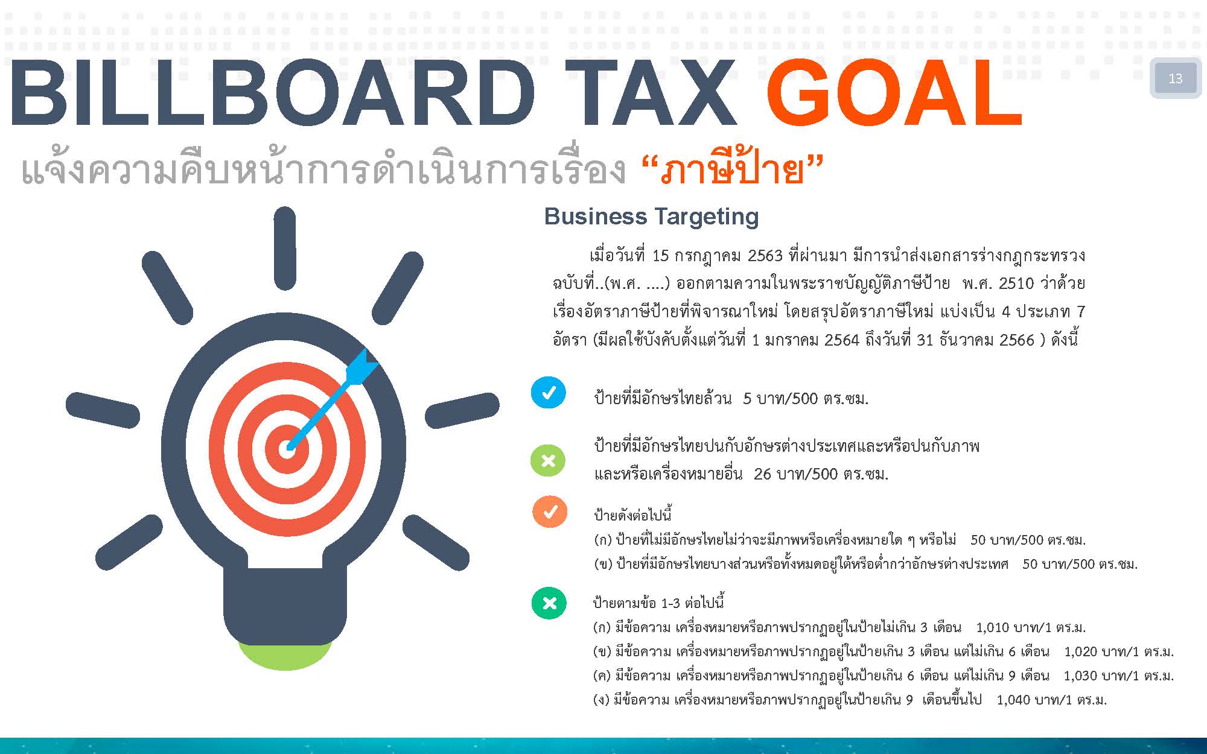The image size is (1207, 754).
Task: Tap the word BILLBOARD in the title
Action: tap(271, 93)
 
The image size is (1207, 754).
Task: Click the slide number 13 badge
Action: tap(1175, 78)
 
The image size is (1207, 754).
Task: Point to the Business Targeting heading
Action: tap(651, 217)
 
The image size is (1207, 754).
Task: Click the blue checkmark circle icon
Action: tap(549, 393)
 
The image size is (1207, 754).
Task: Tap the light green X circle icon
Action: tap(548, 461)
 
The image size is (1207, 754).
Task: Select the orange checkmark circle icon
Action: tap(550, 512)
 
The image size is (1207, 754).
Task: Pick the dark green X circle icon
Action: tap(549, 603)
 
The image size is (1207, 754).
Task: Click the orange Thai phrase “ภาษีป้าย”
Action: tap(732, 170)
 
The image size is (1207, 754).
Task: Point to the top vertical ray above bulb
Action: tap(284, 249)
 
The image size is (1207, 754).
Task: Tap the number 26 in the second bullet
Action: tap(763, 474)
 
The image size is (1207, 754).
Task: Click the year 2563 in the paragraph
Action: tap(765, 256)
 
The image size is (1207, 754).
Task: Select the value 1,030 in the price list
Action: tap(1080, 676)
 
